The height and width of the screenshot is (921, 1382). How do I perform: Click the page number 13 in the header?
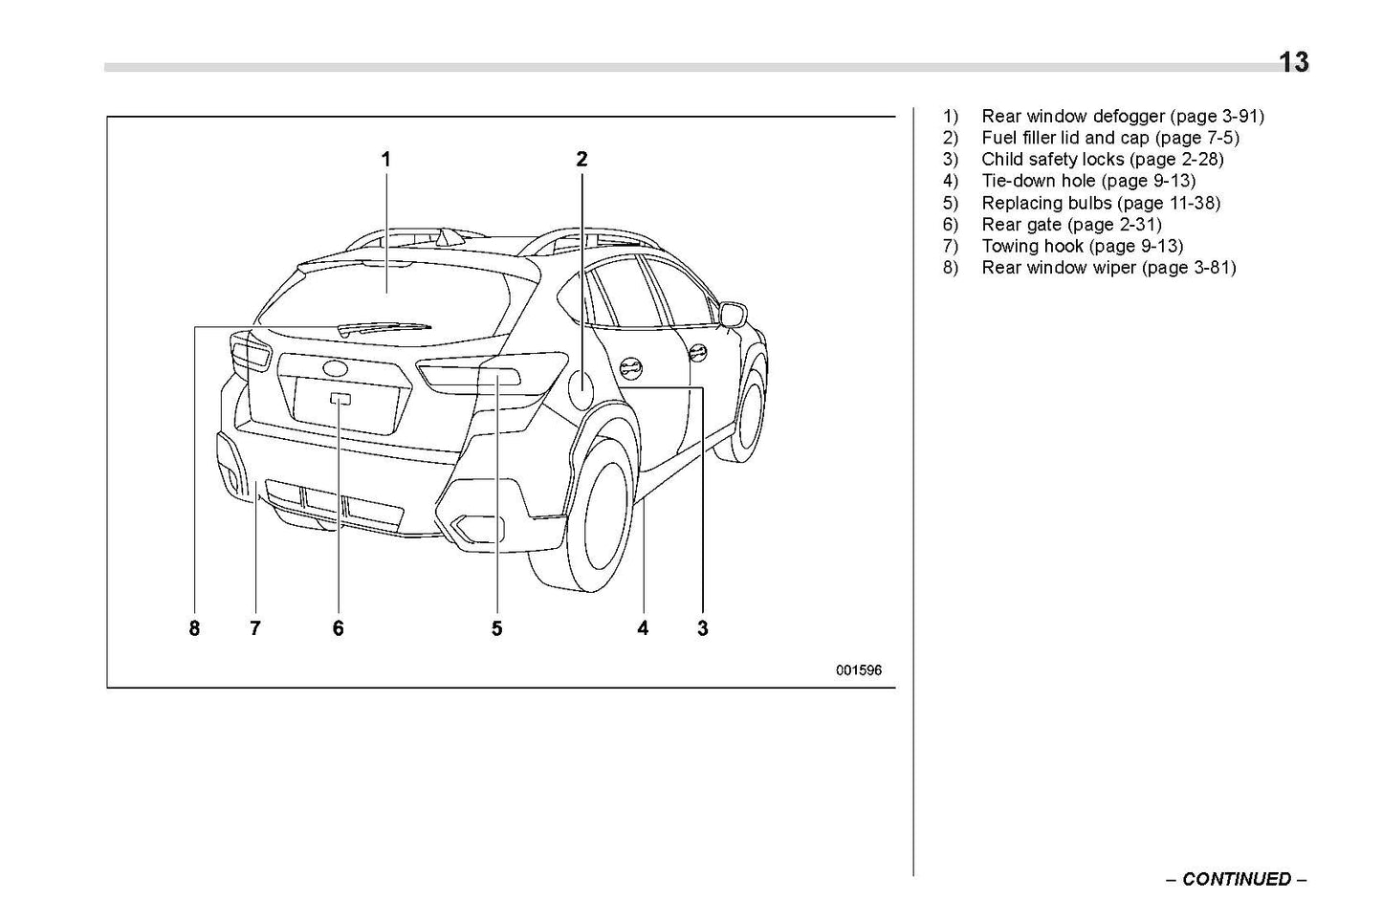pyautogui.click(x=1293, y=63)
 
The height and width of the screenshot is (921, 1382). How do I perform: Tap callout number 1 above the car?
pyautogui.click(x=386, y=160)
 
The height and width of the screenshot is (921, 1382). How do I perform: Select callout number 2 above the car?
pyautogui.click(x=581, y=160)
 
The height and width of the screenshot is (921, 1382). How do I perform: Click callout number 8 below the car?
pyautogui.click(x=194, y=628)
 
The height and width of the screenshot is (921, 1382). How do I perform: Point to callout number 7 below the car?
pyautogui.click(x=255, y=628)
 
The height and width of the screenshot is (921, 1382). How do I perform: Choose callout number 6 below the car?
pyautogui.click(x=338, y=628)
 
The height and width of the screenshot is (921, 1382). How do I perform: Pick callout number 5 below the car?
pyautogui.click(x=496, y=628)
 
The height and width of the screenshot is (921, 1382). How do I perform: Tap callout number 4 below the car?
pyautogui.click(x=643, y=628)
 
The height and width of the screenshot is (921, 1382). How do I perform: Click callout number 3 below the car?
pyautogui.click(x=703, y=628)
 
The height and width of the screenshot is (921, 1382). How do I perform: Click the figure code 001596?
pyautogui.click(x=858, y=670)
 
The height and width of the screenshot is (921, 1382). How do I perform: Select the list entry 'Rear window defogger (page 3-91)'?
pyautogui.click(x=1122, y=117)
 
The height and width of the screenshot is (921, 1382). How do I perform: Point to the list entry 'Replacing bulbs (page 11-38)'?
pyautogui.click(x=1101, y=203)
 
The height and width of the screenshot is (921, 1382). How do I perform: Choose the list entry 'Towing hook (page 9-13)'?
pyautogui.click(x=1082, y=246)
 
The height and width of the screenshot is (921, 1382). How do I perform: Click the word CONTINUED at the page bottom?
pyautogui.click(x=1236, y=879)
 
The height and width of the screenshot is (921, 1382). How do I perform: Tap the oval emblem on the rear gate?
pyautogui.click(x=336, y=368)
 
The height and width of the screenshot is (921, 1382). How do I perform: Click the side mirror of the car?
pyautogui.click(x=733, y=313)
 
